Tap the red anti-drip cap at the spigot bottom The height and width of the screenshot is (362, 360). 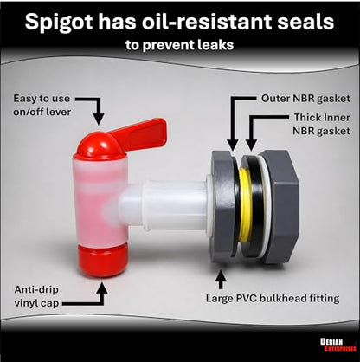pos(102,260)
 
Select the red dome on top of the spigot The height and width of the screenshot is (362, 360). pos(100,145)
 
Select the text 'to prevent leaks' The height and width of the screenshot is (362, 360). pos(179,45)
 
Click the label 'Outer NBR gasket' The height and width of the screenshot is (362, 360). pos(305,99)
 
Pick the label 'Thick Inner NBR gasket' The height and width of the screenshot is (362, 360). pos(321,124)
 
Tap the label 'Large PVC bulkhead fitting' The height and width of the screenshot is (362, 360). pos(273,298)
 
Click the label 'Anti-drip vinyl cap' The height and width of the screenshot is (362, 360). pos(36,296)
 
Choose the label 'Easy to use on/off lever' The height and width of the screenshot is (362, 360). pos(42,105)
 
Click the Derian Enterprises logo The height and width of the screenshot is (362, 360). pos(338,345)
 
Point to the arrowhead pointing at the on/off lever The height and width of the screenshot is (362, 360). pos(99,119)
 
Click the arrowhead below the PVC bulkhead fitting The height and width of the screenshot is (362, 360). pos(221,275)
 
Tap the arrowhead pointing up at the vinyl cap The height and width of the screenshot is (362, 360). pos(101,287)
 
